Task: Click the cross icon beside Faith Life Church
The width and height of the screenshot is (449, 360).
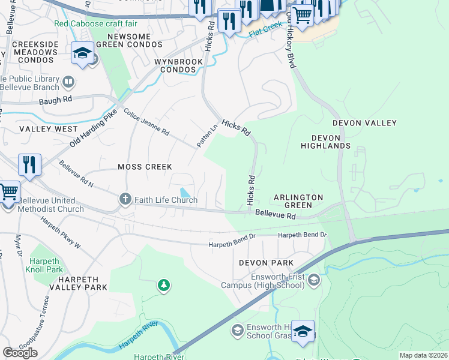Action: [125, 199]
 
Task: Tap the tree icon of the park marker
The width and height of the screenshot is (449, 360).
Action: [163, 285]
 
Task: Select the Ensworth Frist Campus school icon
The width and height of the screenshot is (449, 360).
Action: [313, 280]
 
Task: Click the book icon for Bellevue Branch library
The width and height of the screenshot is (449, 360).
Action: [68, 82]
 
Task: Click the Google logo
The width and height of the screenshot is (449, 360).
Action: [20, 353]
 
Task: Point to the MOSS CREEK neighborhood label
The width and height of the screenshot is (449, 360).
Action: [145, 167]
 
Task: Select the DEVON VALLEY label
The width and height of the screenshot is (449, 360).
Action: [364, 123]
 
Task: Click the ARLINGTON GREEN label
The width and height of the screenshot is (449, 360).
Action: [298, 201]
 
